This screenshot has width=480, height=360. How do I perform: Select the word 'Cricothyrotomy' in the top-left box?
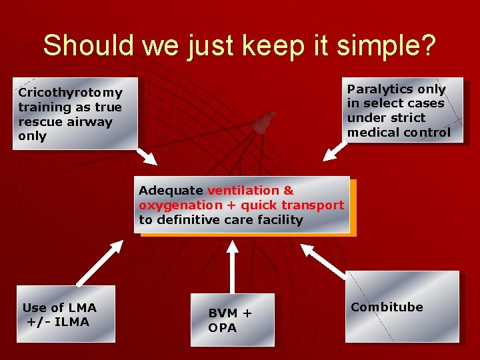coord(71,93)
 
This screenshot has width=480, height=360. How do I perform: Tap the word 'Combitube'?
coord(387,307)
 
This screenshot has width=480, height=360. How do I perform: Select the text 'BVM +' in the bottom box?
coord(230,313)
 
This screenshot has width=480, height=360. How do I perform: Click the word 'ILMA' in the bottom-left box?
coord(73,322)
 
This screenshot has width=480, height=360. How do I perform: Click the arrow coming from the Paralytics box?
coord(335,151)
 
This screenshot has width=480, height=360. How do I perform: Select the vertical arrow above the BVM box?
coord(232,265)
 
